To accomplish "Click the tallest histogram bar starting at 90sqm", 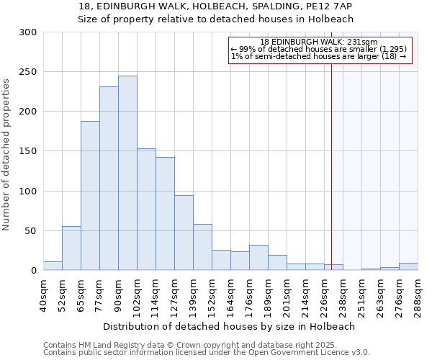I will click(127, 173).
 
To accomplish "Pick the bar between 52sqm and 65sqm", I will click(71, 248).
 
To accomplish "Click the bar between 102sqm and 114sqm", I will click(146, 209).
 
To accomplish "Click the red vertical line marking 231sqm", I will click(331, 158).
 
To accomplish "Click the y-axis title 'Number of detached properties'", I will click(7, 155).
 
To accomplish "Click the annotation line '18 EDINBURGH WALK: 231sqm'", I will click(319, 42).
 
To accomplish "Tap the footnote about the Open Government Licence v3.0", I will click(207, 352).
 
